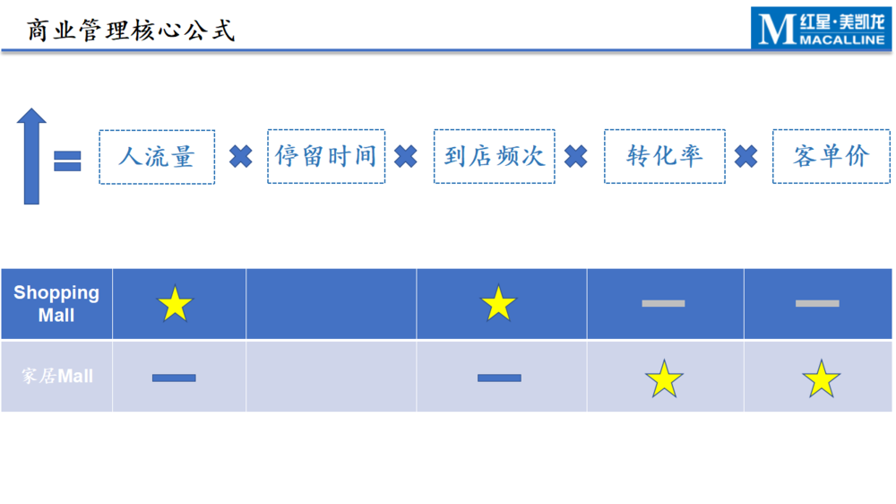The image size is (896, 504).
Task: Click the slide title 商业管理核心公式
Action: (131, 30)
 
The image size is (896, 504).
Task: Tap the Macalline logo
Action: (821, 28)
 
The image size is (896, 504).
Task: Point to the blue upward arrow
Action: (31, 156)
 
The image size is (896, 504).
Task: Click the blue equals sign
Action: (67, 161)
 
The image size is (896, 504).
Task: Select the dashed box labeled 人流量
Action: (157, 157)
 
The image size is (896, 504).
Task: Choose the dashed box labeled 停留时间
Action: (326, 156)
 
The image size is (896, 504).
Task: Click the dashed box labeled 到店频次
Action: (495, 156)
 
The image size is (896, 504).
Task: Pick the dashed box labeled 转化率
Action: (665, 156)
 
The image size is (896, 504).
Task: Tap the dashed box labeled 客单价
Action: (831, 156)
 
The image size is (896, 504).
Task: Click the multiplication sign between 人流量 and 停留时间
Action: (240, 156)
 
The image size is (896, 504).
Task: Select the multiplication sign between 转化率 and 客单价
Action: (745, 156)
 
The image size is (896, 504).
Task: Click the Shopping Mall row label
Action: (56, 304)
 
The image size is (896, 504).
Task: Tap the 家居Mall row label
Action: (57, 376)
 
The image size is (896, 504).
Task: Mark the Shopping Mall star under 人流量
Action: (175, 303)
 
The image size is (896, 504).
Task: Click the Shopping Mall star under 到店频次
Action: (498, 302)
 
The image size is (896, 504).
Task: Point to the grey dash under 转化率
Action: (663, 303)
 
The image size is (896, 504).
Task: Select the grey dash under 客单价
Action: (817, 303)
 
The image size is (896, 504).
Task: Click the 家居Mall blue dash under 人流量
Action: (174, 378)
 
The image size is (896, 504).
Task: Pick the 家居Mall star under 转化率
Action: (664, 378)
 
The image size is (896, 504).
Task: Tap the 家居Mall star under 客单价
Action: (821, 378)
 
